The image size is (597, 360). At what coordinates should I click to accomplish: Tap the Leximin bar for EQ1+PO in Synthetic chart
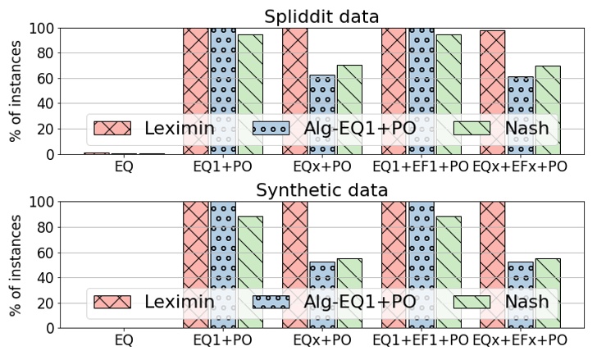[x=196, y=246]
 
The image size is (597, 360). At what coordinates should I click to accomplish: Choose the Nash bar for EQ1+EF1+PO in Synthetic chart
[x=449, y=262]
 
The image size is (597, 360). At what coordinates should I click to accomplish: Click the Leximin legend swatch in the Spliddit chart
[x=112, y=128]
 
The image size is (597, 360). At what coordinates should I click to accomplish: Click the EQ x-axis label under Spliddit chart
[x=125, y=166]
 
